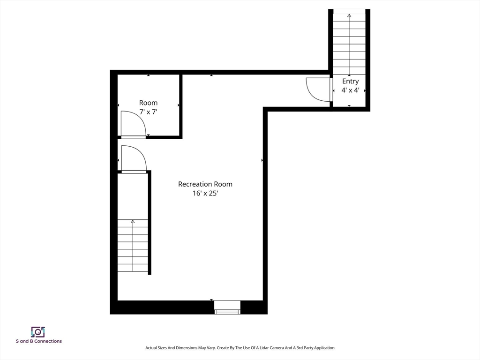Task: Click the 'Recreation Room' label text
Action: (x=205, y=184)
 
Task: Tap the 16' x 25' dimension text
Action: (x=205, y=193)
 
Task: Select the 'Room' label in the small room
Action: (x=148, y=103)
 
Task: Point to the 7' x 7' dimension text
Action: (x=148, y=112)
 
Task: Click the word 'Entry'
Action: (x=350, y=82)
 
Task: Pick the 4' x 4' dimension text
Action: (x=350, y=90)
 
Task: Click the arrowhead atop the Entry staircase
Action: (x=349, y=15)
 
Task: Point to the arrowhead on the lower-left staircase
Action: (x=133, y=221)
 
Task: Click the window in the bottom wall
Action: (x=227, y=307)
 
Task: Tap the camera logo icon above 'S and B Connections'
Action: (x=38, y=332)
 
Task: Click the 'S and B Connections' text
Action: (x=39, y=341)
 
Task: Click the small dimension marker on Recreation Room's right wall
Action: (x=262, y=160)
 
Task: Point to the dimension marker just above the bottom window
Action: (x=211, y=300)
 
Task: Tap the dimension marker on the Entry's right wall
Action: (x=365, y=90)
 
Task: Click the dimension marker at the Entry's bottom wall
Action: (x=349, y=105)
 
